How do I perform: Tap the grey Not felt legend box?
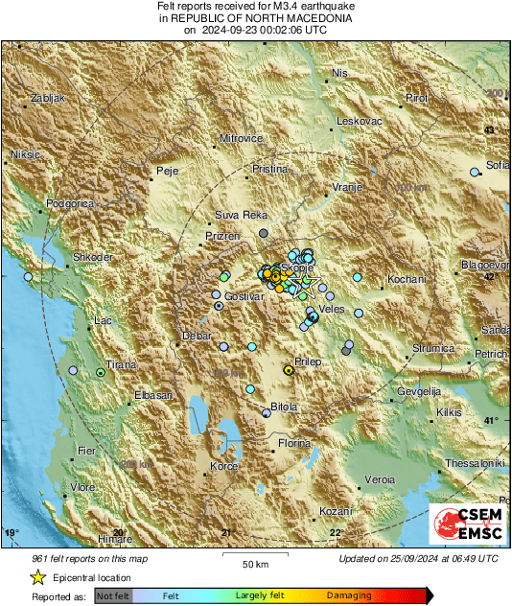(x=114, y=595)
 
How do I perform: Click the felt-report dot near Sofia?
(x=474, y=172)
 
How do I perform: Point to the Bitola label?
(x=284, y=408)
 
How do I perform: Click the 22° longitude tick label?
(x=336, y=533)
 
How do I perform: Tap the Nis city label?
(x=339, y=73)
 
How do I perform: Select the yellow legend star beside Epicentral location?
(x=37, y=577)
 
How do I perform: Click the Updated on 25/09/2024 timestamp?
(x=418, y=558)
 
